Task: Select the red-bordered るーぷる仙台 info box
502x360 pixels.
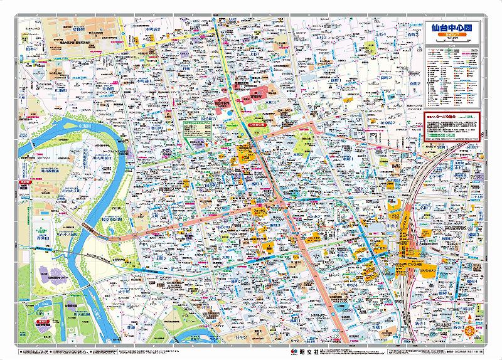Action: click(451, 125)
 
